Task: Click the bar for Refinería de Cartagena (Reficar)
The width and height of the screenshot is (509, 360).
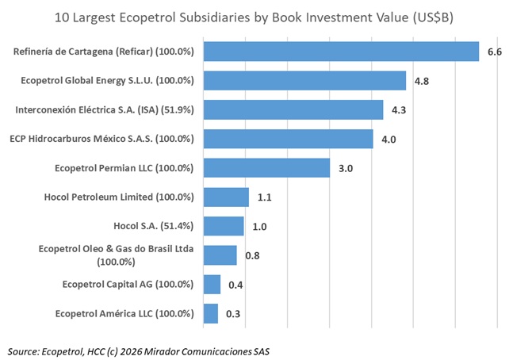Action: click(341, 52)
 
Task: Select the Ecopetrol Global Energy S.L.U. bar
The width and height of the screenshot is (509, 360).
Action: click(304, 81)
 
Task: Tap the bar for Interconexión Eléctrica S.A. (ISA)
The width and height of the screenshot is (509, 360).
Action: click(293, 109)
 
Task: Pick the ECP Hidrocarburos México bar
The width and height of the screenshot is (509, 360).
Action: click(288, 139)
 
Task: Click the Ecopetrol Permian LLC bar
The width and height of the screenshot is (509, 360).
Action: click(266, 168)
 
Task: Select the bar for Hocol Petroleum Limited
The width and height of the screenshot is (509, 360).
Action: click(226, 197)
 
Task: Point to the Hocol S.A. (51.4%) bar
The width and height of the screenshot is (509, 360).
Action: click(224, 226)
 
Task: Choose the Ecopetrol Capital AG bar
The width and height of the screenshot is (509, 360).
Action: click(212, 285)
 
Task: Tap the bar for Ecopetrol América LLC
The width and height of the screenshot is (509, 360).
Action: click(210, 313)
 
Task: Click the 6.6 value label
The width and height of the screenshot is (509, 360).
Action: click(495, 52)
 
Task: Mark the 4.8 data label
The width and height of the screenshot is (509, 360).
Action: click(422, 81)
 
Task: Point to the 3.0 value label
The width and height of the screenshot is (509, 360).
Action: click(346, 168)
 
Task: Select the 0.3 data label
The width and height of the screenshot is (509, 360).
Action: click(233, 314)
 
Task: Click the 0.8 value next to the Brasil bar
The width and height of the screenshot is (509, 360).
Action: click(252, 255)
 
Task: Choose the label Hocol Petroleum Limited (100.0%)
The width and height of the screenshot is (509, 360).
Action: click(121, 197)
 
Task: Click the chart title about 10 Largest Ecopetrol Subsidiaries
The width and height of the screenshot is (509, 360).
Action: click(254, 16)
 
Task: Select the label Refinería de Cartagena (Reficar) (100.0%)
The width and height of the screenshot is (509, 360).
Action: click(104, 52)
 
